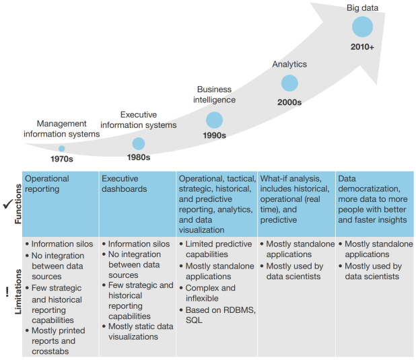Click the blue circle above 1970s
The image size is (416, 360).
click(61, 149)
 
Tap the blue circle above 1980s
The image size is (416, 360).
click(139, 143)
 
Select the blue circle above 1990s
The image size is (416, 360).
click(214, 120)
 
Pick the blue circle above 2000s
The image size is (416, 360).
click(289, 83)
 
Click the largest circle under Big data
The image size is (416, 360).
click(362, 27)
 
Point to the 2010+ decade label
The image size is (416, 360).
click(362, 47)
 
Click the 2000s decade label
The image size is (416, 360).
click(289, 102)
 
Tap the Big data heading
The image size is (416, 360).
click(362, 8)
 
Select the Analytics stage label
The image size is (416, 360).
click(289, 65)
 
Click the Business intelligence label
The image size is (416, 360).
click(214, 95)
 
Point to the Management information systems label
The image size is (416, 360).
click(61, 129)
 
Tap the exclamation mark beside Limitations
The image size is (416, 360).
click(6, 292)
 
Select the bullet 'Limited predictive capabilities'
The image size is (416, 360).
click(215, 250)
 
